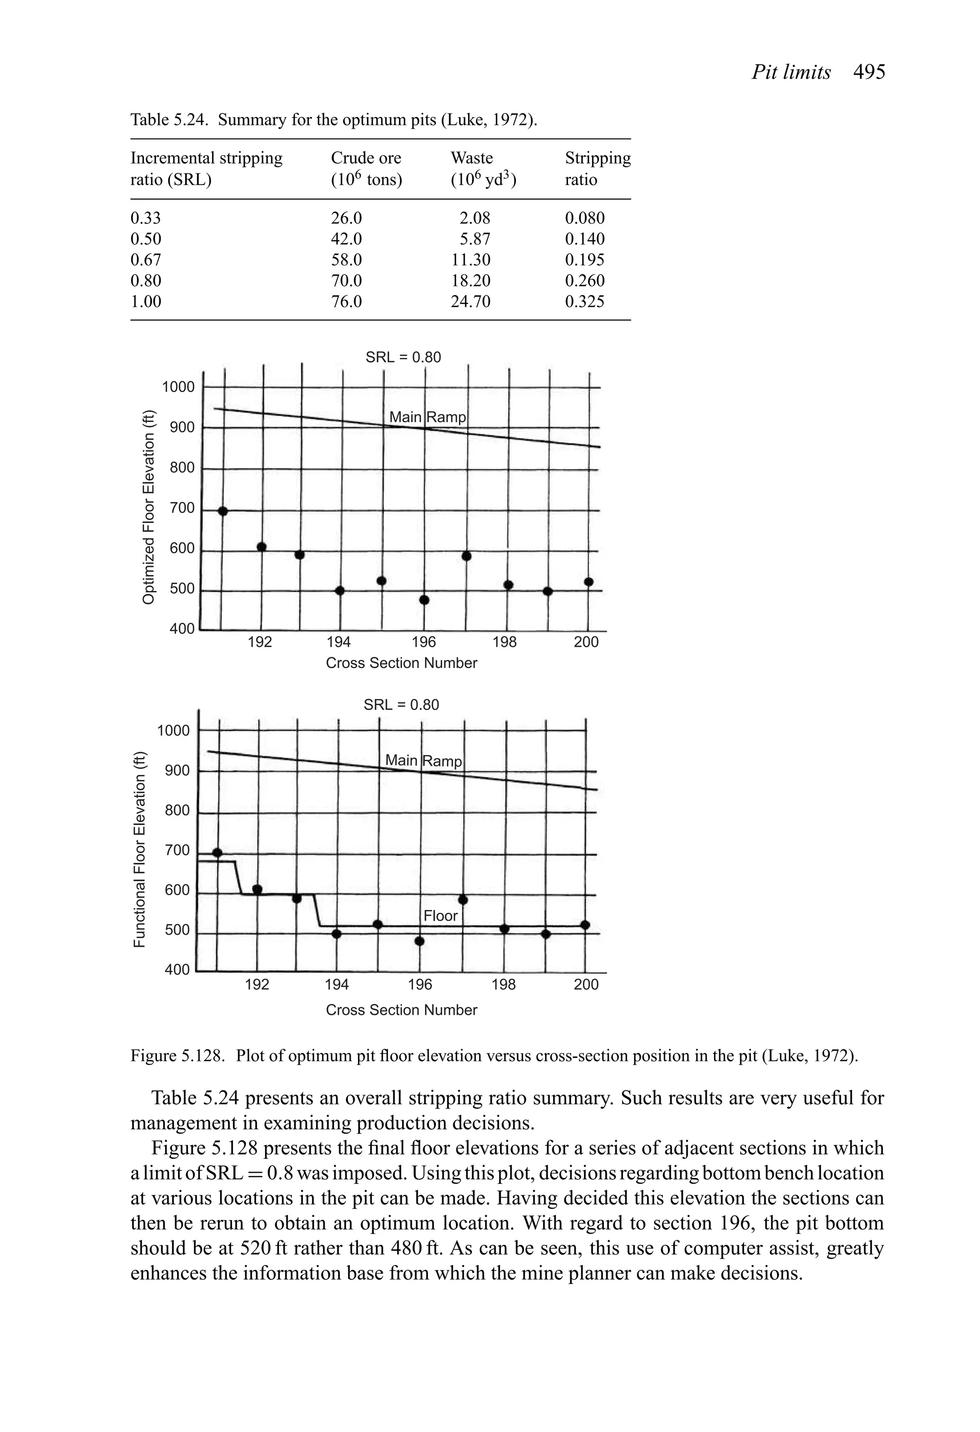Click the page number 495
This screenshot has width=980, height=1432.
click(x=869, y=73)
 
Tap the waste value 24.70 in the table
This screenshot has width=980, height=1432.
click(x=470, y=302)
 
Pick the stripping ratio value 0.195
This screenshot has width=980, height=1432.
click(x=584, y=260)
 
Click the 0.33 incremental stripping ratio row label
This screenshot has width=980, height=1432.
click(x=145, y=218)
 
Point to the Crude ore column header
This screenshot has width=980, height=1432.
click(x=366, y=158)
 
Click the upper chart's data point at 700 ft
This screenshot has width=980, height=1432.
click(x=223, y=511)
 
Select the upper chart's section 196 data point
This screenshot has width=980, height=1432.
click(x=424, y=599)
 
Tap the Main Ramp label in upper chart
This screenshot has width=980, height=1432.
click(x=428, y=417)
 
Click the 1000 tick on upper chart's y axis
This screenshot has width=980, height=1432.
click(x=178, y=387)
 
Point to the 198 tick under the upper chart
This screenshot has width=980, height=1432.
click(x=504, y=643)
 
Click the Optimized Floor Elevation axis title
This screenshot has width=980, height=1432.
click(x=148, y=507)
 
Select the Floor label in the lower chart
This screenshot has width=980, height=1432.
click(x=441, y=916)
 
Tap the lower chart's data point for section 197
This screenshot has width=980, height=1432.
click(x=464, y=900)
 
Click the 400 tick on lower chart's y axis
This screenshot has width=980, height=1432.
click(x=177, y=970)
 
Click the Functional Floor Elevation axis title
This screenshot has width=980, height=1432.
click(x=141, y=850)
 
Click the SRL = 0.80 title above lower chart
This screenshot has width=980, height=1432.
click(x=401, y=705)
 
